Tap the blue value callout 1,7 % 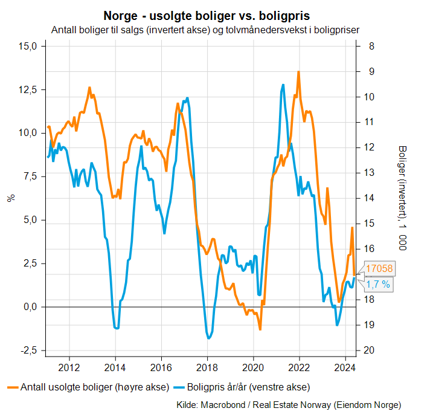pyautogui.click(x=377, y=283)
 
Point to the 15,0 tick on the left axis pyautogui.click(x=28, y=46)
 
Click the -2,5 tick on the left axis pyautogui.click(x=28, y=351)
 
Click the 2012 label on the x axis pyautogui.click(x=69, y=367)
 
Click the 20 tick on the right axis pyautogui.click(x=368, y=351)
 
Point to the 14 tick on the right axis pyautogui.click(x=368, y=198)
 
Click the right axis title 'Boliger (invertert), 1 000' pyautogui.click(x=402, y=198)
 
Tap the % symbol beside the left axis pyautogui.click(x=10, y=198)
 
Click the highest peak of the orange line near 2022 pyautogui.click(x=298, y=72)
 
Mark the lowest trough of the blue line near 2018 pyautogui.click(x=209, y=338)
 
